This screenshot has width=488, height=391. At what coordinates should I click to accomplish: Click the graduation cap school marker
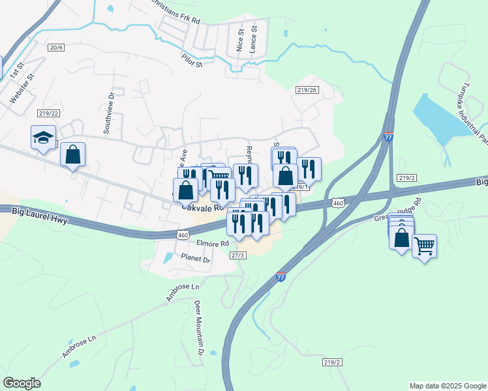[42, 138]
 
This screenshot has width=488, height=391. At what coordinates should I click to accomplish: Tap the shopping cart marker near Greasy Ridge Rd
[424, 246]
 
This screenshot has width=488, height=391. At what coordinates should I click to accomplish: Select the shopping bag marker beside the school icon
[72, 155]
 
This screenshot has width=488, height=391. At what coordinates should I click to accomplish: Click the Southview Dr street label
[109, 103]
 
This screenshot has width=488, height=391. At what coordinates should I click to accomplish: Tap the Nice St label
[240, 40]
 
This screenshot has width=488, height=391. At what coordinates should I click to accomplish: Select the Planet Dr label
[196, 259]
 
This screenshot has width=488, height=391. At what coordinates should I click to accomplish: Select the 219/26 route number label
[307, 90]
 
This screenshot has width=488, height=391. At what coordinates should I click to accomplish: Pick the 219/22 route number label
[48, 113]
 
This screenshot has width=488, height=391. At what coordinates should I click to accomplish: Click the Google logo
[22, 383]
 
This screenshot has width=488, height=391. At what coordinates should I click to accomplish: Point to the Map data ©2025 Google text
[447, 386]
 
